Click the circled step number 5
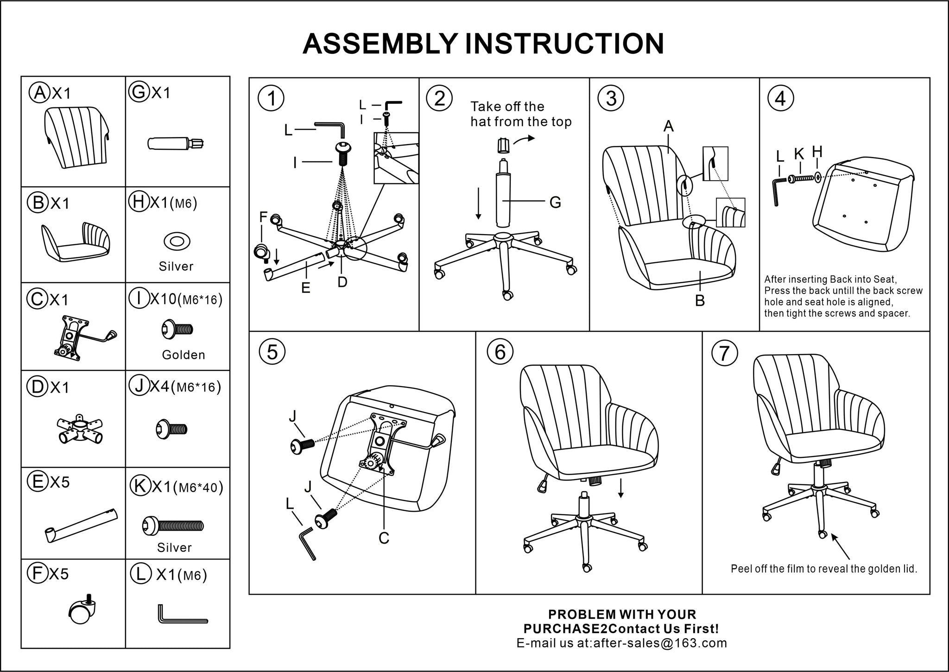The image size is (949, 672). point(272,352)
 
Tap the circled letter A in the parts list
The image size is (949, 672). point(40,92)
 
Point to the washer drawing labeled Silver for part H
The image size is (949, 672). point(177,241)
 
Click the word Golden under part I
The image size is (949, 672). point(183,355)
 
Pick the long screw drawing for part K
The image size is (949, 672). point(173,525)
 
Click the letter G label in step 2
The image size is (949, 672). point(555,202)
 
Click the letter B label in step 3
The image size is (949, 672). point(700,301)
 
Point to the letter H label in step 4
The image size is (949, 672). point(817,152)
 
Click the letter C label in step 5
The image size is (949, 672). point(384,538)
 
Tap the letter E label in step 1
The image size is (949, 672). point(305,288)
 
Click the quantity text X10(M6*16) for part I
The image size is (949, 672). point(186,300)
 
